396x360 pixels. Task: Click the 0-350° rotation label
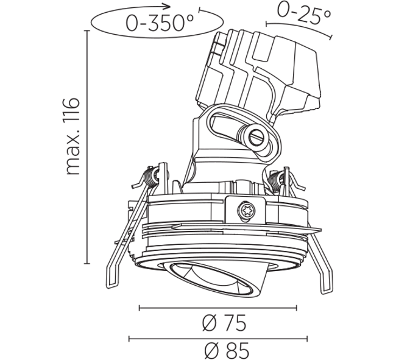click(x=160, y=23)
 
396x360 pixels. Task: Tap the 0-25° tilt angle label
click(x=304, y=13)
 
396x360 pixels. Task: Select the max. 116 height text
click(x=72, y=136)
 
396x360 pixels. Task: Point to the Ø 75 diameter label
click(x=224, y=322)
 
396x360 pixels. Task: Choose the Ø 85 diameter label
click(x=227, y=350)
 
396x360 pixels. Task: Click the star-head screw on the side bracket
click(x=246, y=210)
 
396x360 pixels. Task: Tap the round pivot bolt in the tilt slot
click(x=256, y=138)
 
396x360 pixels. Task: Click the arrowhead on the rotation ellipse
click(x=166, y=6)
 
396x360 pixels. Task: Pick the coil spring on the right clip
click(x=275, y=180)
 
